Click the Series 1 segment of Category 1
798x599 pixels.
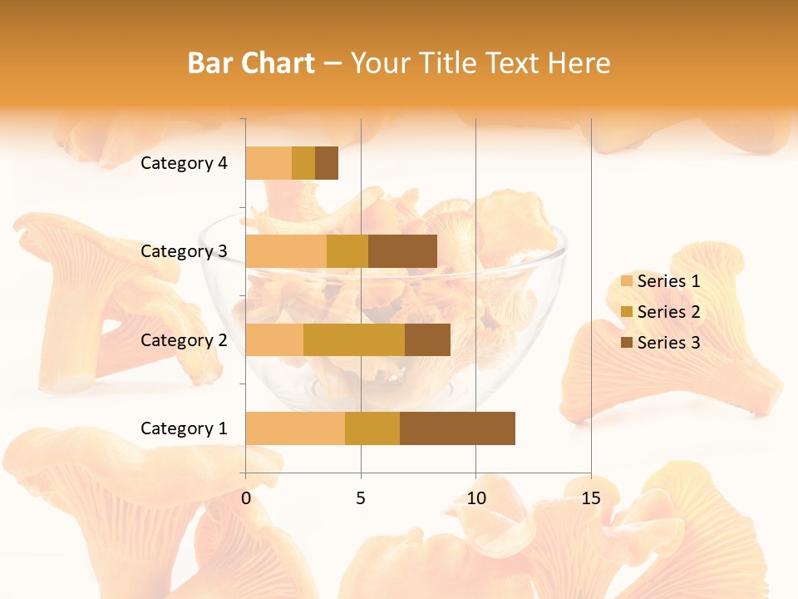coord(295,428)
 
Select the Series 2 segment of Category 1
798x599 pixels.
coord(372,428)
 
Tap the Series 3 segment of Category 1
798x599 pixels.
coord(457,428)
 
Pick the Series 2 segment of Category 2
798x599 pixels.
coord(354,339)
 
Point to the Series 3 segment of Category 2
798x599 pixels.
coord(427,339)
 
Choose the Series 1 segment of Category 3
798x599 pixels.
coord(286,251)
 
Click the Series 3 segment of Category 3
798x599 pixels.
coord(402,251)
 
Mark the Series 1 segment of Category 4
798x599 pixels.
coord(268,163)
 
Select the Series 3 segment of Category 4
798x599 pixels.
coord(327,163)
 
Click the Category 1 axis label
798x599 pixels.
coord(184,428)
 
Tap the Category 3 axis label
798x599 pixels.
coord(184,251)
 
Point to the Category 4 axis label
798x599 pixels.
coord(184,163)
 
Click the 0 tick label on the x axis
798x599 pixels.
coord(246,498)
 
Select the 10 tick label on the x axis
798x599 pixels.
coord(475,498)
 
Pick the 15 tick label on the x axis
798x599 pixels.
coord(590,498)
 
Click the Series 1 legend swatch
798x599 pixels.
coord(627,281)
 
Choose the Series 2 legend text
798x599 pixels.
coord(668,312)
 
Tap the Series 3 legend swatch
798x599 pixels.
coord(627,343)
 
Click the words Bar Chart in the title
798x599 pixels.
coord(251,63)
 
